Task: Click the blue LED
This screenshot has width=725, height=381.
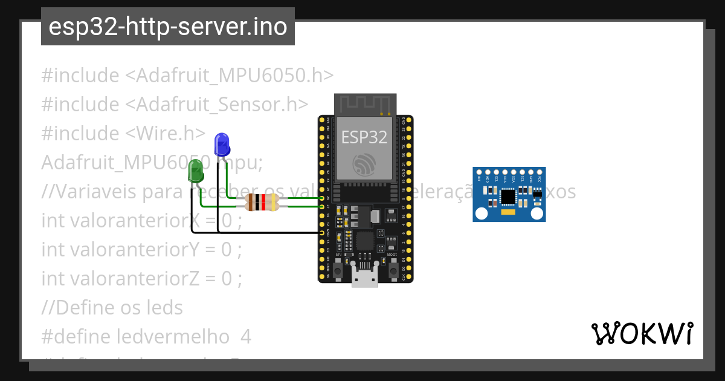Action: [222, 144]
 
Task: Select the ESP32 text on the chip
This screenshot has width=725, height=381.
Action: [364, 137]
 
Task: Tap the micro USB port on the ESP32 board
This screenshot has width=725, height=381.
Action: [366, 278]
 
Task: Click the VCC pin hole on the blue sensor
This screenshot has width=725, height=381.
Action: [539, 173]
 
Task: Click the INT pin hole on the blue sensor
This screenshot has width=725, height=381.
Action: [479, 173]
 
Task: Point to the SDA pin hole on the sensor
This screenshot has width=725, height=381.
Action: [514, 173]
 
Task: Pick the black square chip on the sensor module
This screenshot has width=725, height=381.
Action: [509, 197]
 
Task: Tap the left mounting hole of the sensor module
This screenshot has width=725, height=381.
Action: [482, 213]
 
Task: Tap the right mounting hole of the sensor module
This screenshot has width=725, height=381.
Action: [537, 213]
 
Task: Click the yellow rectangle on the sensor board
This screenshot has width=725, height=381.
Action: [509, 212]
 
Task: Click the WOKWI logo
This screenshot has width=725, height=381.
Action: [642, 333]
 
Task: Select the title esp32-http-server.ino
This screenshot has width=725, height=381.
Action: [167, 27]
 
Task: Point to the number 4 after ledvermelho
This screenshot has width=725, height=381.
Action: [245, 336]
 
